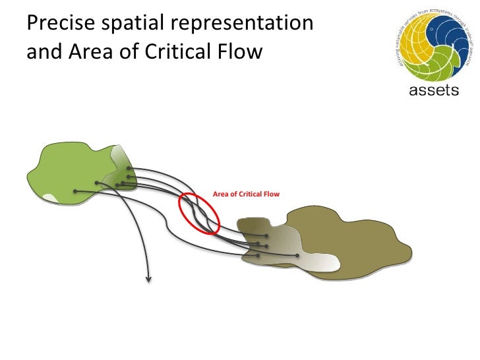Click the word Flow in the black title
tap(241, 51)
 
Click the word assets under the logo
tap(434, 90)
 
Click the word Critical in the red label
tap(249, 195)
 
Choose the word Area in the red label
tap(220, 195)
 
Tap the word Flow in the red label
tap(271, 195)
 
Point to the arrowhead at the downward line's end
tap(148, 279)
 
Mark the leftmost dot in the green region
tap(76, 191)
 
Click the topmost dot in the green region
tap(129, 168)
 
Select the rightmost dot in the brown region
tap(297, 255)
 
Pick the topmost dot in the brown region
tap(266, 235)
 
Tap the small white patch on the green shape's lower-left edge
tap(50, 197)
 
